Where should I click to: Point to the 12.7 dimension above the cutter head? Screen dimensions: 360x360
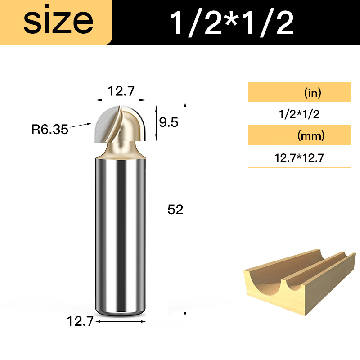pos(121,91)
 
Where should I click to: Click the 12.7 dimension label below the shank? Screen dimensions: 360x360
pos(80,321)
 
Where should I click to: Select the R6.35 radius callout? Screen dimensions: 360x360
pos(50,129)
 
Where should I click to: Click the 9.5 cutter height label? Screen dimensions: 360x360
pos(169,122)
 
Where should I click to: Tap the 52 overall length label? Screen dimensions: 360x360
pos(175,210)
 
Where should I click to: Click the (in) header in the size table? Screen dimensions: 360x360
pos(313,93)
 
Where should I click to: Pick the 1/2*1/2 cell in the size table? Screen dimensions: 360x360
pos(299,114)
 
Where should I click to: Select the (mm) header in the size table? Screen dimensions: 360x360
pos(311,136)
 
